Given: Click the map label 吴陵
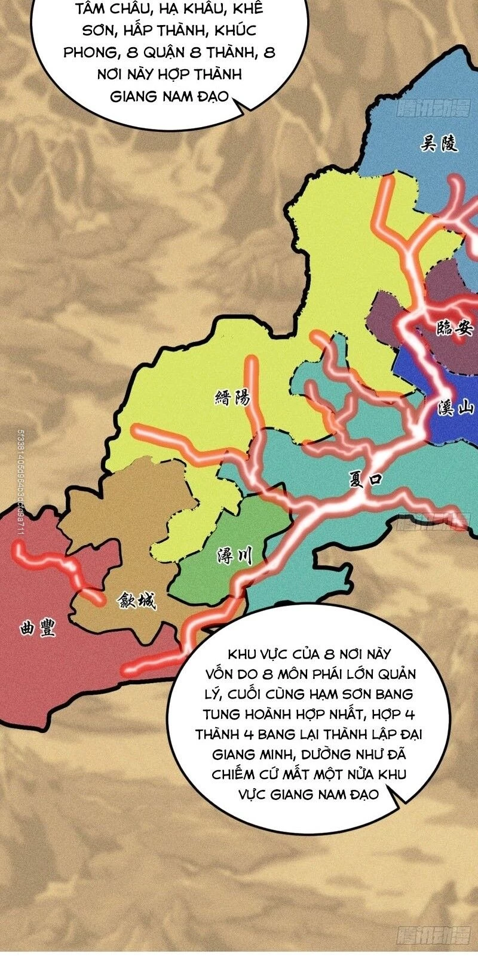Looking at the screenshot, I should pos(439,143).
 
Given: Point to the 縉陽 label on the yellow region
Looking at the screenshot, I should pos(232,398).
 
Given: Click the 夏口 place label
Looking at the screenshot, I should pos(365,479).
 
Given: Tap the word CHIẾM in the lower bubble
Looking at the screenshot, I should pos(234,774).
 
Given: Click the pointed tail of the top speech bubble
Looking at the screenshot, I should pos(245,108).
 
